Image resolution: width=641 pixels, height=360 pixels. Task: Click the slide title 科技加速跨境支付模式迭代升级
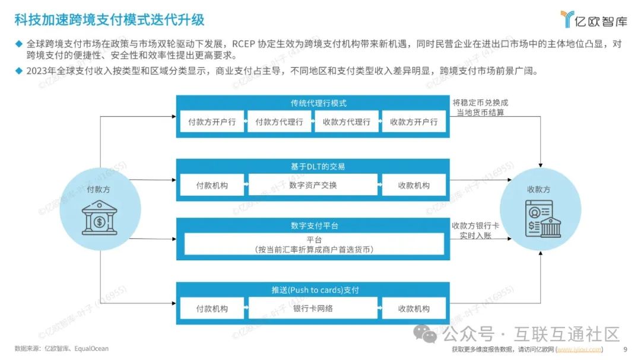pos(109,20)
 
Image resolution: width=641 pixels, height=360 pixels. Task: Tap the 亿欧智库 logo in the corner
pos(594,20)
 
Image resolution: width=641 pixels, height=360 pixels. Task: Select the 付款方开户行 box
pos(212,122)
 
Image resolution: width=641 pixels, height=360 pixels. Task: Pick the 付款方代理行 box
pos(279,122)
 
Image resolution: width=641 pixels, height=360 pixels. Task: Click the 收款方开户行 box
pos(414,122)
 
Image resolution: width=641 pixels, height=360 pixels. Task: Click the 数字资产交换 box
pos(313,185)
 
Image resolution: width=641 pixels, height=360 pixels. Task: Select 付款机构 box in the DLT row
pos(212,185)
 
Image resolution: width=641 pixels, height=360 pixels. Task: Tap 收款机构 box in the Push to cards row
pos(414,308)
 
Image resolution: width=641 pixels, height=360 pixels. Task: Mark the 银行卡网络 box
pos(313,308)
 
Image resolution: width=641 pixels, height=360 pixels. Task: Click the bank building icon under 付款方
pos(99,217)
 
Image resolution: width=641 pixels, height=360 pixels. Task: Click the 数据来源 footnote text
pos(62,349)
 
